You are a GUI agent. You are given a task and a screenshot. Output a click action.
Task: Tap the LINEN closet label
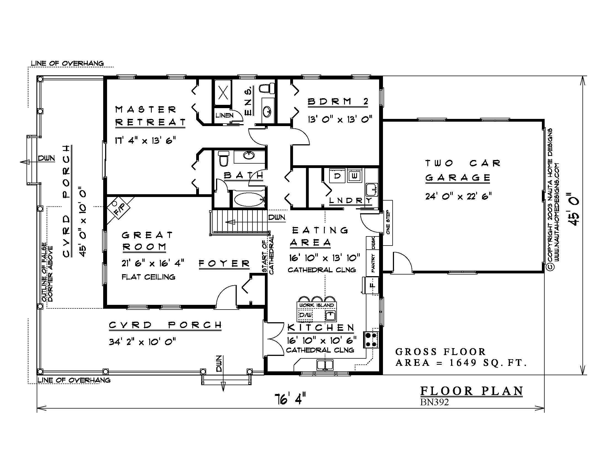point(225,115)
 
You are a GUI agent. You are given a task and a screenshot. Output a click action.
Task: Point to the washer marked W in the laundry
point(354,176)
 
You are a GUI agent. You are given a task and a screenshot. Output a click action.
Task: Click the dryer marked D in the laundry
point(337,176)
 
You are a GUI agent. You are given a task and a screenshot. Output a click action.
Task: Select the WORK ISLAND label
point(316,305)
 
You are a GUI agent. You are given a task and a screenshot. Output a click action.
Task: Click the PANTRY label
point(373,263)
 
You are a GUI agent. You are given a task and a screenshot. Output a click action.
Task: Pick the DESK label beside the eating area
point(373,243)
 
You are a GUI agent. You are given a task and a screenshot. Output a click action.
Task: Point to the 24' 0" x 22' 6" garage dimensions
point(458,196)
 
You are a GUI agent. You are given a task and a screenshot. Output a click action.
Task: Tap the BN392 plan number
point(434,402)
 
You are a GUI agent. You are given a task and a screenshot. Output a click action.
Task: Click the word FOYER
point(224,263)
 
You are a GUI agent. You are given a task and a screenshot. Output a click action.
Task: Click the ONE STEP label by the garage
point(388,223)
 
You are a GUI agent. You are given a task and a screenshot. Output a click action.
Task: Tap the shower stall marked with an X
point(223,92)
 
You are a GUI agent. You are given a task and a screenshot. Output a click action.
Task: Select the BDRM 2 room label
point(338,102)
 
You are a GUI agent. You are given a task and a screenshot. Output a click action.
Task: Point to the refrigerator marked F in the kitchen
point(372,285)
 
